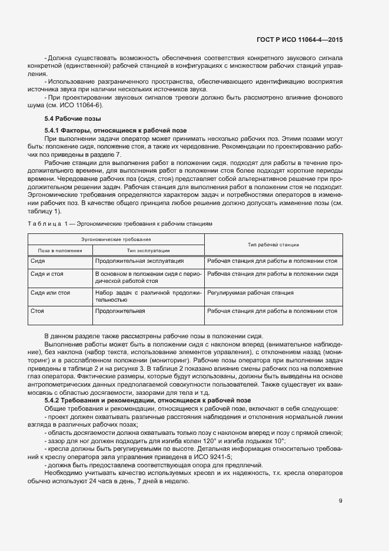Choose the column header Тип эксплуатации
point(148,250)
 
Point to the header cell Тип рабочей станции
point(273,245)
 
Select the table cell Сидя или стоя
point(50,292)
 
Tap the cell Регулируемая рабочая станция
point(250,292)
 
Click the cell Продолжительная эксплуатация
point(139,260)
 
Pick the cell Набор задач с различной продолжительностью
point(148,296)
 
